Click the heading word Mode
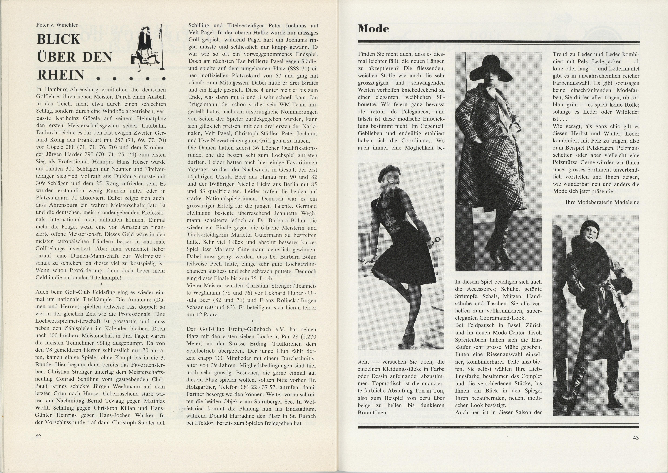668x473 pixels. tap(374, 29)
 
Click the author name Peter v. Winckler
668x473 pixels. tap(57, 25)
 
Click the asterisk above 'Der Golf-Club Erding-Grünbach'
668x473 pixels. tap(252, 321)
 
